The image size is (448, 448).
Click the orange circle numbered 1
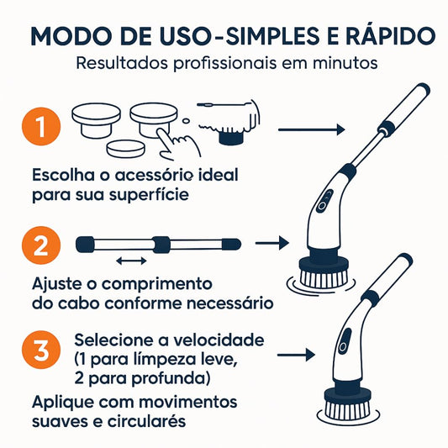[x=42, y=129]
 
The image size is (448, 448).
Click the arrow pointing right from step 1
[x=311, y=129]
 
